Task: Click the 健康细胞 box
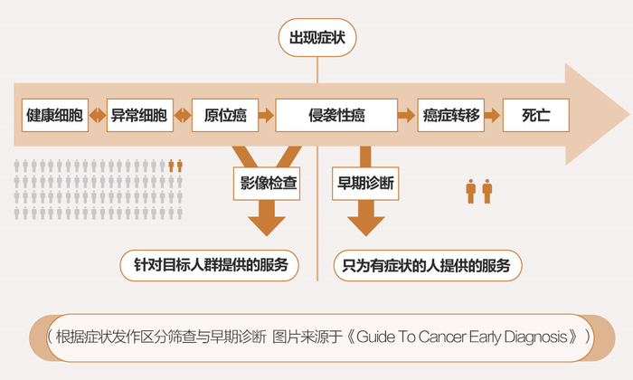coord(55,116)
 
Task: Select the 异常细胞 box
coord(138,116)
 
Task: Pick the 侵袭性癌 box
coord(337,116)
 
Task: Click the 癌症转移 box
coord(449,116)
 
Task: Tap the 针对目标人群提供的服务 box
coord(211,266)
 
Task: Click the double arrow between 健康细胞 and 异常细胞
coord(97,116)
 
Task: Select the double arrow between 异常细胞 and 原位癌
coord(181,116)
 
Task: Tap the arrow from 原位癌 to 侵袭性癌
coord(265,116)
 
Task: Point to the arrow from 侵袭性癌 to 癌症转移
coord(407,116)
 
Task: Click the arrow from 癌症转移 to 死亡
coord(492,116)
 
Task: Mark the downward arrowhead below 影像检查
coord(269,223)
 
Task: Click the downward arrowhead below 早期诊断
coord(365,223)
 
